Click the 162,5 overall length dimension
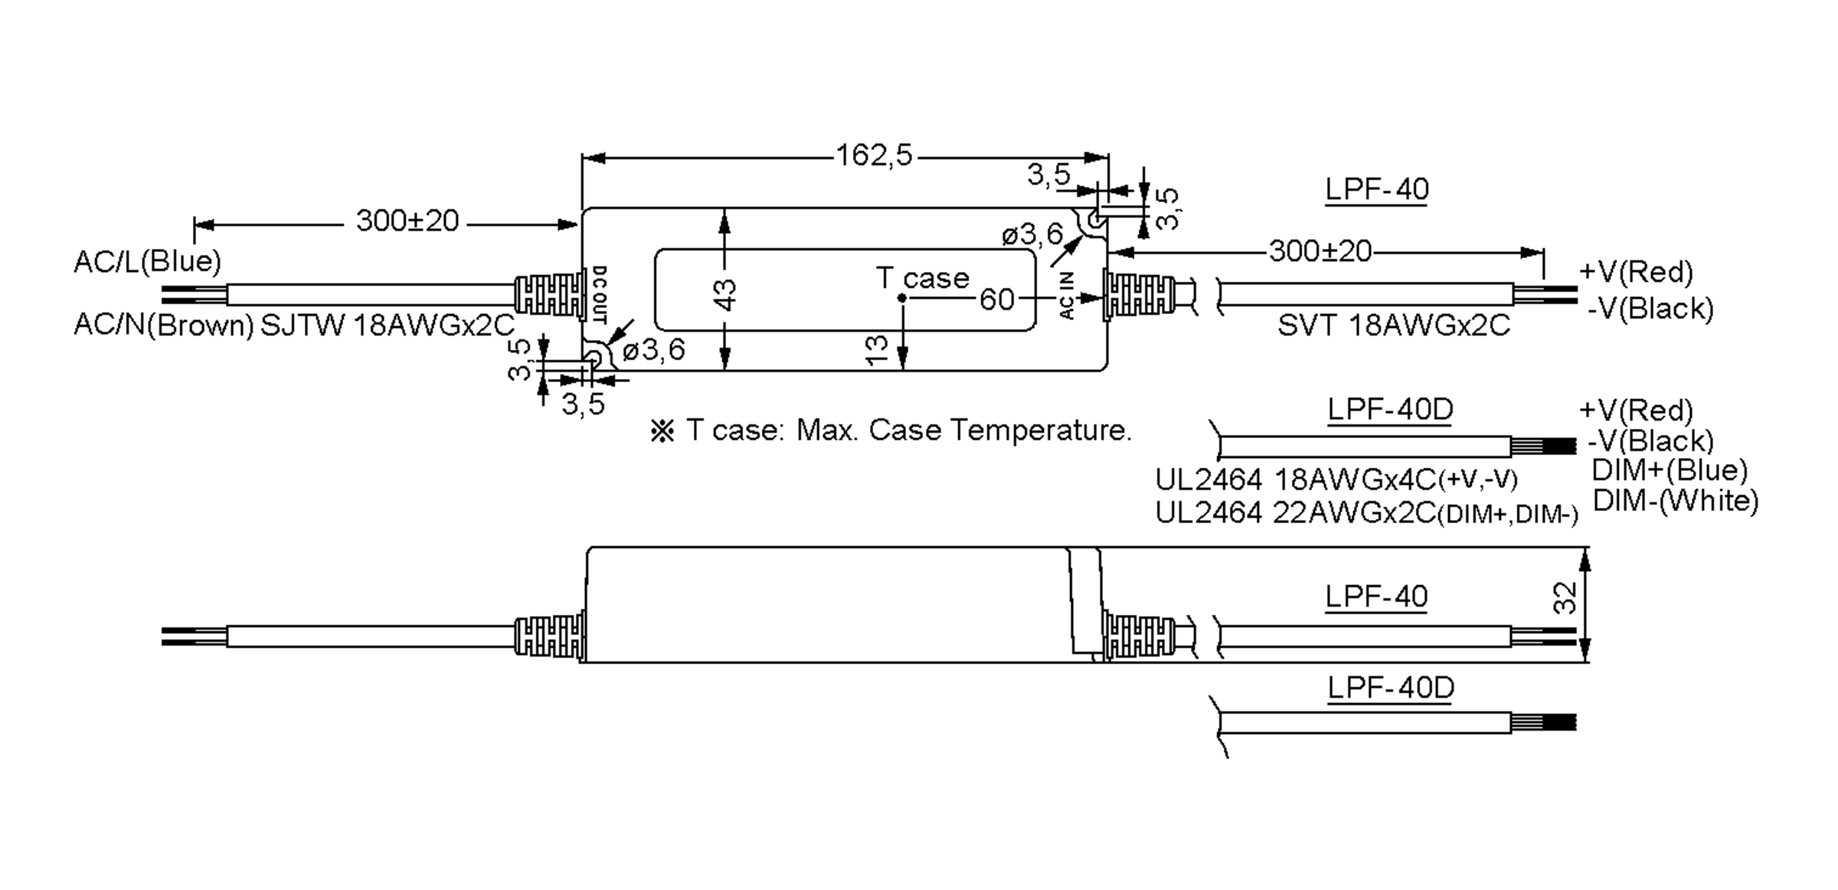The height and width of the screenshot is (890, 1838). (x=874, y=156)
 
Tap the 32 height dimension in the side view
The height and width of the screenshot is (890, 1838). (x=1565, y=598)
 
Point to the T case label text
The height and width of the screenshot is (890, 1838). (x=922, y=278)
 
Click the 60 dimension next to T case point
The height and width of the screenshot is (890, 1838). (x=996, y=299)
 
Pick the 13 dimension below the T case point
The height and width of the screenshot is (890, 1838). (x=876, y=350)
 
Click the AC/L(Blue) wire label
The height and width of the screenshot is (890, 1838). (x=147, y=262)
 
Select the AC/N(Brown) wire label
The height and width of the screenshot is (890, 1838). (x=163, y=326)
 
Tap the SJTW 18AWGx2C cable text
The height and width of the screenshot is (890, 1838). (x=388, y=326)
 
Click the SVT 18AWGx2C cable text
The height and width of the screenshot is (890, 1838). (x=1393, y=326)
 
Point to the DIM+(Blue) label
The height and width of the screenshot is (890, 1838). (x=1669, y=470)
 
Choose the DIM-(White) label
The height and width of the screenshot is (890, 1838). (x=1675, y=501)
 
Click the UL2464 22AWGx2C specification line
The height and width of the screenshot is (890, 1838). (x=1365, y=513)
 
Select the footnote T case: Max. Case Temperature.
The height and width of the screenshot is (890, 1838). (x=891, y=430)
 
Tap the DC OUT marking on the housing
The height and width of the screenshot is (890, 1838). (x=600, y=294)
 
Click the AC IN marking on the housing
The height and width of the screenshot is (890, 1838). (x=1068, y=295)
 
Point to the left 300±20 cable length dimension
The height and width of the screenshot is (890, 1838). (x=407, y=221)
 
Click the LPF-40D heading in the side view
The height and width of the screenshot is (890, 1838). (x=1390, y=687)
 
